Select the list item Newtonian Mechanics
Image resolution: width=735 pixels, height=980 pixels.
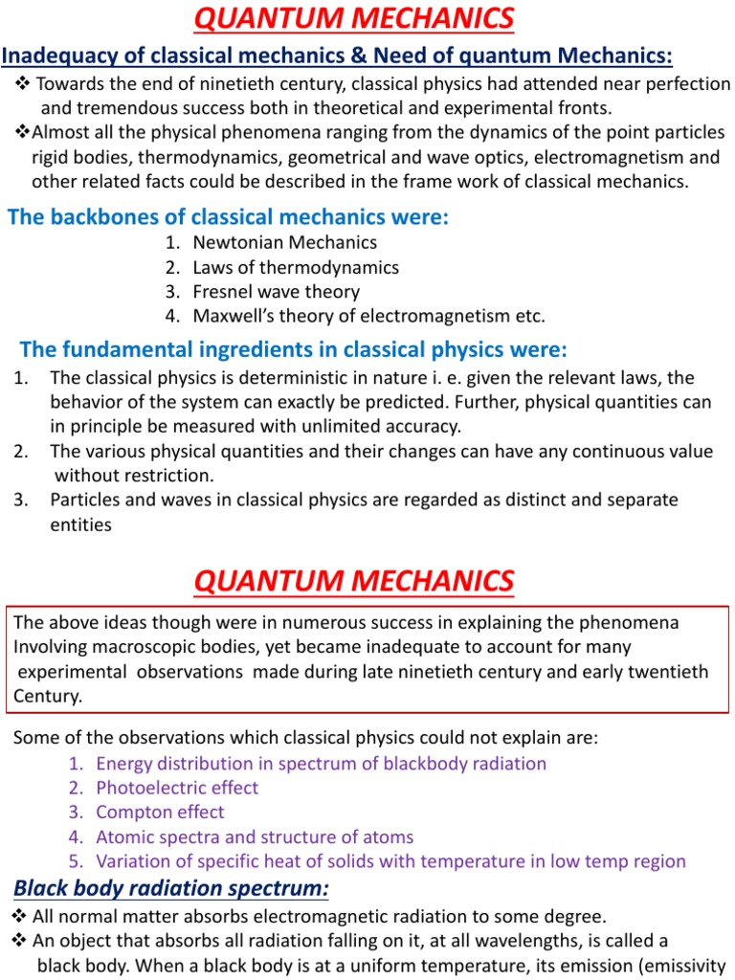[284, 243]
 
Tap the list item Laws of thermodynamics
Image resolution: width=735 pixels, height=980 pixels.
[295, 268]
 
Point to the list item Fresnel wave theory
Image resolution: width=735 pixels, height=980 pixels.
[276, 292]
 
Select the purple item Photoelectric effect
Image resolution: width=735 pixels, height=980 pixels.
[177, 788]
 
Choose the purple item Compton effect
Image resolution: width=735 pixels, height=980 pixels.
[160, 813]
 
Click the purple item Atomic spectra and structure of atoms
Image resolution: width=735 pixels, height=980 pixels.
[255, 837]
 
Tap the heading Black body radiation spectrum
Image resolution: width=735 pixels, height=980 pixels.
[170, 889]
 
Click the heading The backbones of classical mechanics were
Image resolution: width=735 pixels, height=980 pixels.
[228, 217]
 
